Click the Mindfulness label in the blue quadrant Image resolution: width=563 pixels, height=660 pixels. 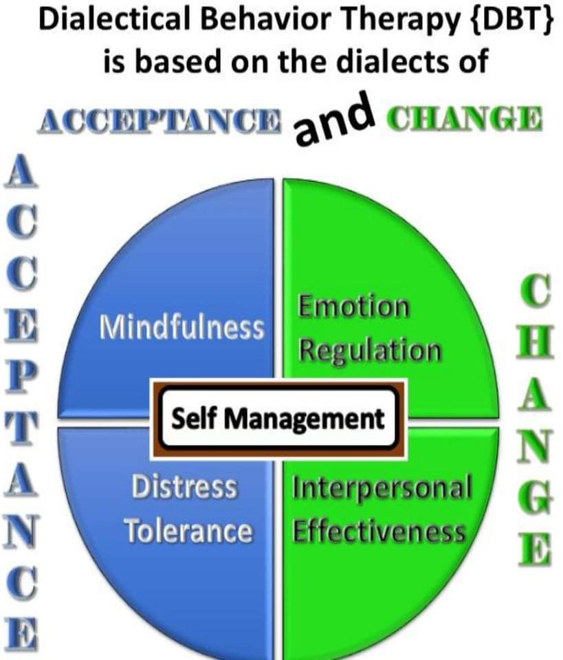[181, 327]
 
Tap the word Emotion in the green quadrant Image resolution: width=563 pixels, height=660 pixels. [353, 307]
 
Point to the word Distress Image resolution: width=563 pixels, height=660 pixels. [184, 487]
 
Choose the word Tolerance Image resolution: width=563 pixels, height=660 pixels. [188, 531]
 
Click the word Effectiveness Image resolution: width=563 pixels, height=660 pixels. [379, 531]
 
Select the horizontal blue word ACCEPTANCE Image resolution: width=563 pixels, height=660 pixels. [160, 121]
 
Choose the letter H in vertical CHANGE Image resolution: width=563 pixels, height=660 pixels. [536, 341]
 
